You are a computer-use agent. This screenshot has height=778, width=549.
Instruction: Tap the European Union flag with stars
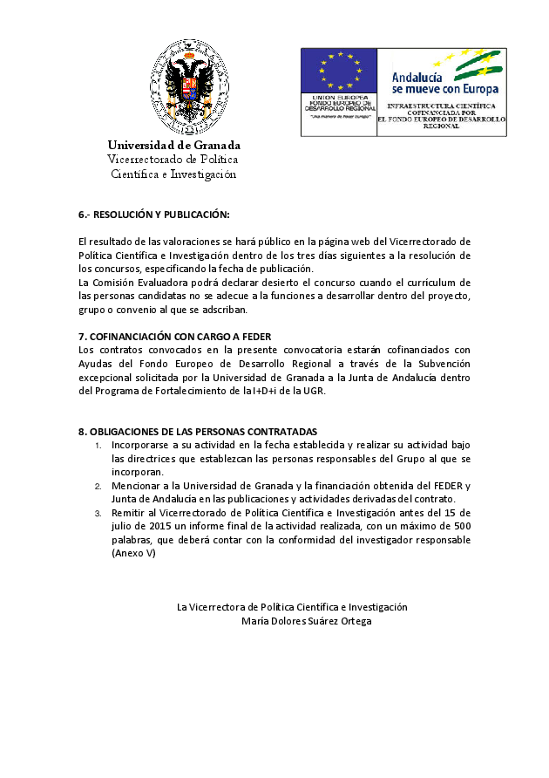pyautogui.click(x=339, y=70)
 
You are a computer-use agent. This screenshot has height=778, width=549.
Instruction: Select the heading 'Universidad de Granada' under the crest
pyautogui.click(x=174, y=145)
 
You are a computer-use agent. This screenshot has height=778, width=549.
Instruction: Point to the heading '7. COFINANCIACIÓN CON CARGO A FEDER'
pyautogui.click(x=174, y=337)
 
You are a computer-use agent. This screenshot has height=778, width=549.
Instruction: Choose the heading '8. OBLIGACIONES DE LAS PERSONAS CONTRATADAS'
pyautogui.click(x=198, y=432)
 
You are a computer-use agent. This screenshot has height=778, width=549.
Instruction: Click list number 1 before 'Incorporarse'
pyautogui.click(x=98, y=446)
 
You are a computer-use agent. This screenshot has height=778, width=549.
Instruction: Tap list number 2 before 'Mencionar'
pyautogui.click(x=98, y=487)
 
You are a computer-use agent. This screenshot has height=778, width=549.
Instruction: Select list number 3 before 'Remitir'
pyautogui.click(x=98, y=514)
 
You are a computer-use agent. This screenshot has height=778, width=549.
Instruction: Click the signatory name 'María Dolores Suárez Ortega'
pyautogui.click(x=306, y=621)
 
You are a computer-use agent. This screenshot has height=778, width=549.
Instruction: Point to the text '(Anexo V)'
pyautogui.click(x=133, y=553)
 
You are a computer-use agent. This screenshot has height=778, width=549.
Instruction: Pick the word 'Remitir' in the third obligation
pyautogui.click(x=127, y=513)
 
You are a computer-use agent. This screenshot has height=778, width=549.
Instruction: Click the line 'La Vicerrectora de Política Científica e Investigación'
pyautogui.click(x=292, y=607)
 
